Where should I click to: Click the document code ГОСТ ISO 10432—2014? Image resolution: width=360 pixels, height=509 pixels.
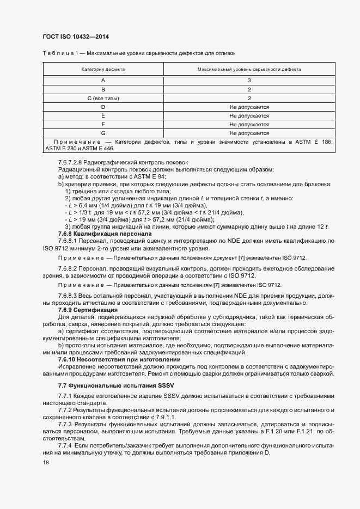[80, 37]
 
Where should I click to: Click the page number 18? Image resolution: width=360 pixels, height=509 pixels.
[45, 462]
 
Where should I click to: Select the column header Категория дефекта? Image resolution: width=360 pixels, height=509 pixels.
[103, 70]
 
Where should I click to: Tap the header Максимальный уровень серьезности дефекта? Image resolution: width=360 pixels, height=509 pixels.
[249, 70]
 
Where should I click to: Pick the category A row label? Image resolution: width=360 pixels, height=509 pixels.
[103, 80]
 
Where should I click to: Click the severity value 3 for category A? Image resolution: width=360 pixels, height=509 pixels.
[249, 80]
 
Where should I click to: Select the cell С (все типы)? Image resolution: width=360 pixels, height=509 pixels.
[103, 98]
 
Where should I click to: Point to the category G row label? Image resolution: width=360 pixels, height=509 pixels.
[103, 133]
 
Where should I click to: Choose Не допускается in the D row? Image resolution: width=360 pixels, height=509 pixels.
[249, 107]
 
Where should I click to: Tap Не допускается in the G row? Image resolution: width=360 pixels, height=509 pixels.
[249, 133]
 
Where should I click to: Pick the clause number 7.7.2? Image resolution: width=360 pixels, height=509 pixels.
[65, 409]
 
